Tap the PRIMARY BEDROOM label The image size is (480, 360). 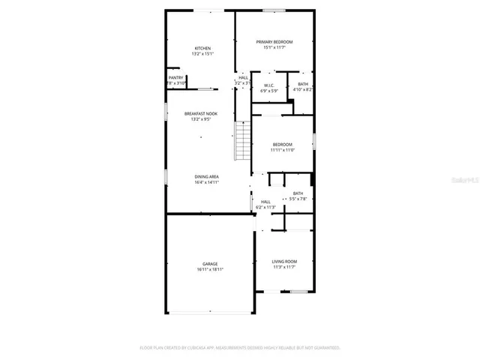[274, 42]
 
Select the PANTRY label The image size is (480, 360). [176, 77]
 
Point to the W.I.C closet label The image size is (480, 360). [268, 85]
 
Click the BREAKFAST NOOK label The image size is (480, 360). [201, 113]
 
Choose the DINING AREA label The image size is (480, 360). [206, 176]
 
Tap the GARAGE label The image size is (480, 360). [210, 263]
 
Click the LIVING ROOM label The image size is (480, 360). [284, 261]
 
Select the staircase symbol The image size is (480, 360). [242, 140]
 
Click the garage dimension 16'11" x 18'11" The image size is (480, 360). [210, 268]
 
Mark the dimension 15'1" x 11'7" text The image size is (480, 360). [274, 47]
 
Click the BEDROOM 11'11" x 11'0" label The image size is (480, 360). [282, 144]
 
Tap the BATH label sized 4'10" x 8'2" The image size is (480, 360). [302, 84]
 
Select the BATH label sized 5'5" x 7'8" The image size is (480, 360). [298, 193]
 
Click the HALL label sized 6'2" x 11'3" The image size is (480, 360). [265, 202]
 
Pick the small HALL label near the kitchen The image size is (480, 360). [243, 77]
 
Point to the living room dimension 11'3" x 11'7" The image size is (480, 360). [284, 266]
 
